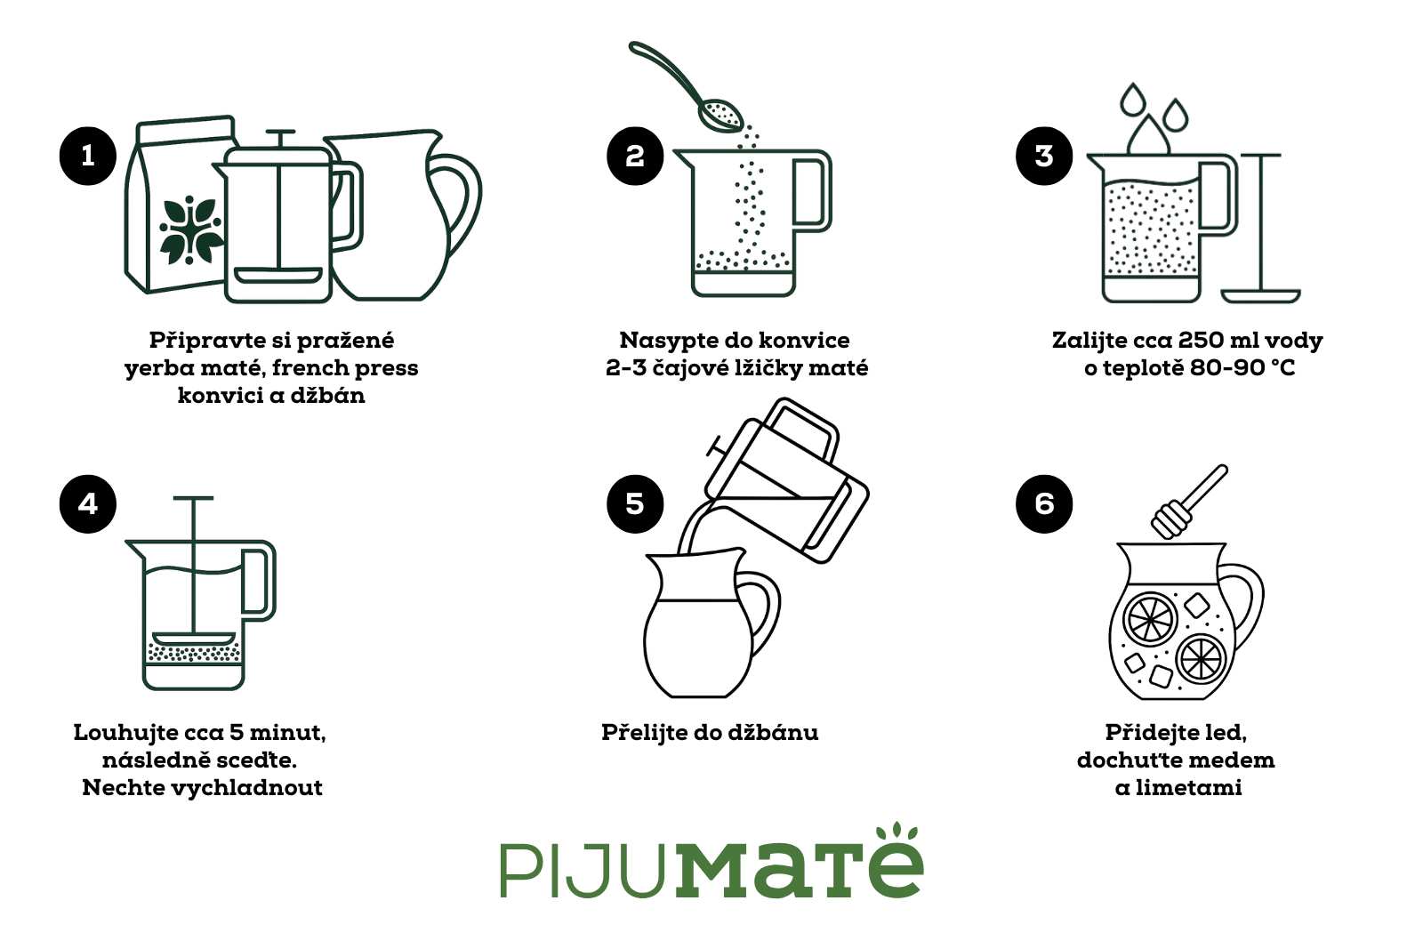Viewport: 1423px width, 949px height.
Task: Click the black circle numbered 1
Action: [x=88, y=156]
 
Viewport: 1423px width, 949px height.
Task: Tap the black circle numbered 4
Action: [x=88, y=503]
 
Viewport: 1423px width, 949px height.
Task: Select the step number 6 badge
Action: [x=1044, y=503]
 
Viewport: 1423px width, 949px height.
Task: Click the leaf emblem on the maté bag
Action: [x=190, y=229]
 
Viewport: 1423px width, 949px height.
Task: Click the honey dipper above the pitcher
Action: [x=1187, y=503]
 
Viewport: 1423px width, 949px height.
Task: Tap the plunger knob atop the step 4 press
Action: [x=193, y=499]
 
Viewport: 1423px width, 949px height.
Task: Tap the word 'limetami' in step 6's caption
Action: [x=1189, y=787]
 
